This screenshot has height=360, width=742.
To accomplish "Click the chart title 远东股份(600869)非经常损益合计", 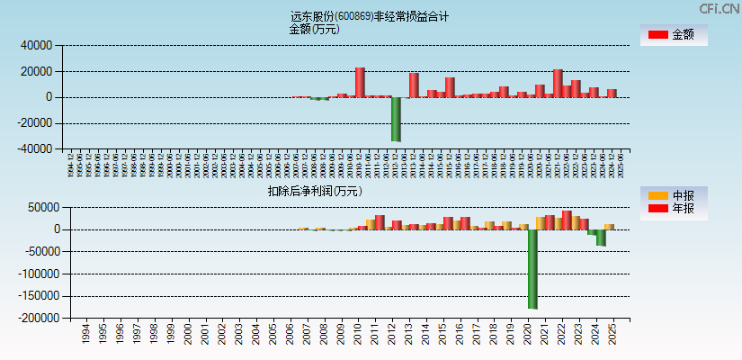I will pos(370,16).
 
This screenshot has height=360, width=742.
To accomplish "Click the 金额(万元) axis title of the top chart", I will pos(314,29).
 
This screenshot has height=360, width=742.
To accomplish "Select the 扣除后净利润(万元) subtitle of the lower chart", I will pos(314,191).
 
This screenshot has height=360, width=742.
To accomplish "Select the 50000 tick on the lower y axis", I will pos(41,208).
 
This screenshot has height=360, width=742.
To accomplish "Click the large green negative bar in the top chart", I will pos(396,119).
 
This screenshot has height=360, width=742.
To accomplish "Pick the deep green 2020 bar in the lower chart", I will pos(532,269).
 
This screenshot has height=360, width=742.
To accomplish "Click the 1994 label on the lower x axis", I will pos(85,335).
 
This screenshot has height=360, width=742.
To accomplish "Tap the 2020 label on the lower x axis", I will pos(525,335).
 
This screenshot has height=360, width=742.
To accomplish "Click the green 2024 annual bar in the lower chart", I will pos(601,238).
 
